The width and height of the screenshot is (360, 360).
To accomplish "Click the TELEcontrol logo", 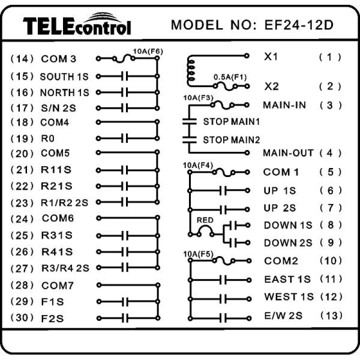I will tap(76, 25).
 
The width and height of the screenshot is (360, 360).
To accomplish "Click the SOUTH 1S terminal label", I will tap(64, 77).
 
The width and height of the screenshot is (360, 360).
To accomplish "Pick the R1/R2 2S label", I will tap(65, 202).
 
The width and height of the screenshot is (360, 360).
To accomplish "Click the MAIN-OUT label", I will tap(288, 152).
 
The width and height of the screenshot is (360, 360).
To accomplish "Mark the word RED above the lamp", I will tap(205, 220).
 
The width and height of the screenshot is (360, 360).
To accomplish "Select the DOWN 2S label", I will tap(289, 242).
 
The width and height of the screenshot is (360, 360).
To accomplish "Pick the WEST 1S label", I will tap(289, 297).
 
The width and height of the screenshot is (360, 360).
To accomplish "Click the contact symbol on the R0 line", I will tap(125, 138).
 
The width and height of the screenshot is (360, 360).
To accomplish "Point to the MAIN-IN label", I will tap(284, 105).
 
